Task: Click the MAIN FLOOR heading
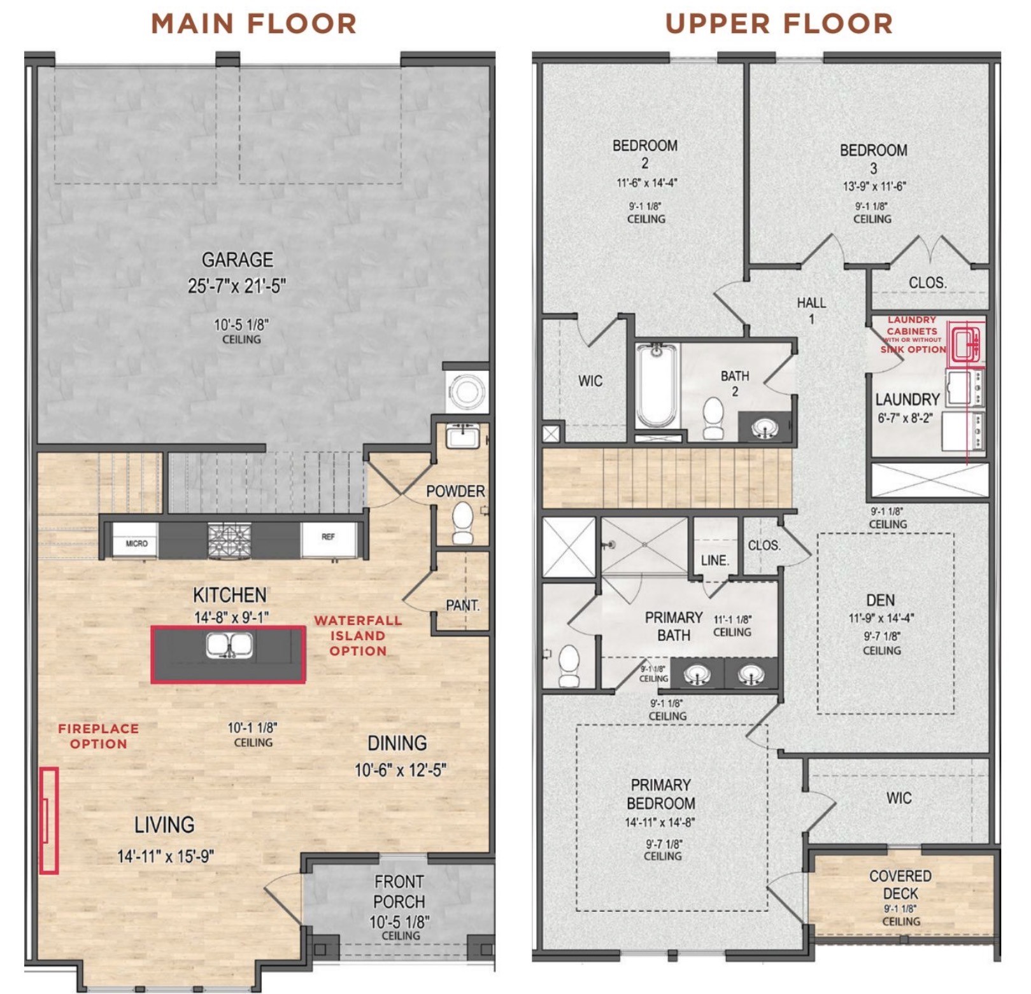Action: click(253, 24)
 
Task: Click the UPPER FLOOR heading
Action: click(779, 24)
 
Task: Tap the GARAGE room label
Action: click(238, 260)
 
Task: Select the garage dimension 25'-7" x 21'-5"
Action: click(237, 286)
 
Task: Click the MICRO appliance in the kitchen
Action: click(136, 543)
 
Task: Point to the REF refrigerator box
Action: click(328, 538)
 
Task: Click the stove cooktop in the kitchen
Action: click(229, 541)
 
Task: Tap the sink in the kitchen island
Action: click(229, 645)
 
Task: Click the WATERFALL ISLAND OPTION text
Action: click(358, 636)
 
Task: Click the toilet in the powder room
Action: click(463, 522)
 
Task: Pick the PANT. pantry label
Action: click(462, 605)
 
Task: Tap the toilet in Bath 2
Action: click(713, 418)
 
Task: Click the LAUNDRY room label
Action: click(907, 400)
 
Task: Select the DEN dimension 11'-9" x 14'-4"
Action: click(881, 618)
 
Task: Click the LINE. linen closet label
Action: click(715, 561)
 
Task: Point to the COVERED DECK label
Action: click(900, 885)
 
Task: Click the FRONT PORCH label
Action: click(399, 892)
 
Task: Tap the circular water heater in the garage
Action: click(467, 391)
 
